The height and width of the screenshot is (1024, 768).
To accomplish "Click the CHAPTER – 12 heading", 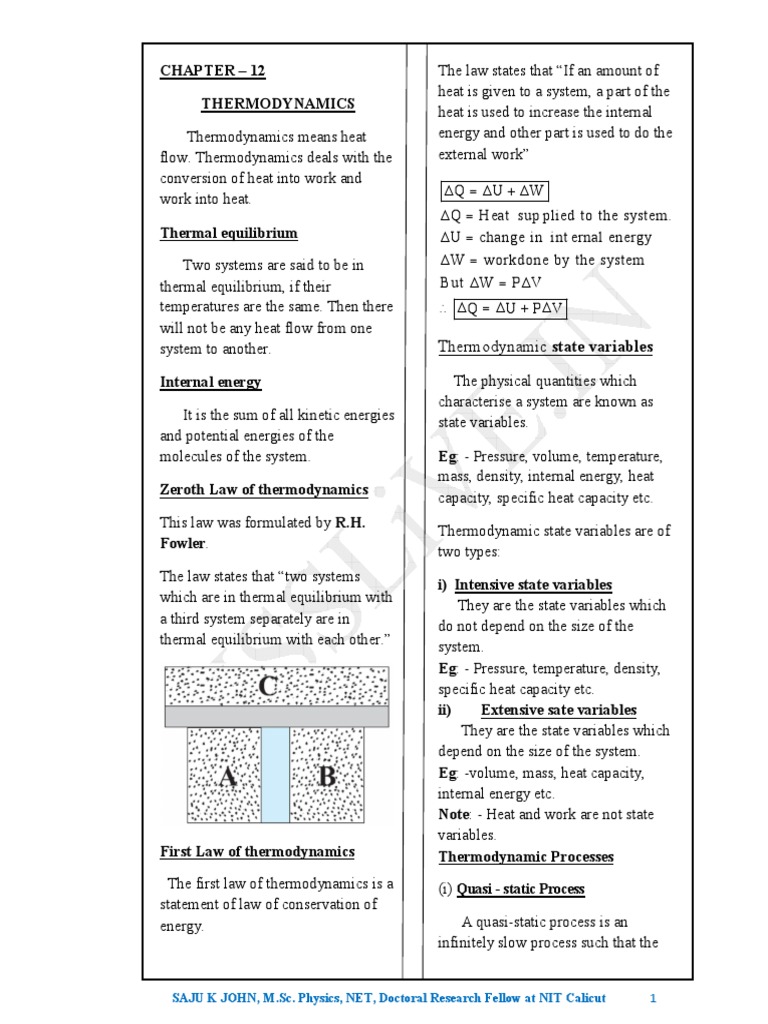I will point(213,71).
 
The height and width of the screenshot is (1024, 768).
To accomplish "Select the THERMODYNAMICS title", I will point(278,104).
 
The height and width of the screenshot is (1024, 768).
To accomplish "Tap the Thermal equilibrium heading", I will point(229,233).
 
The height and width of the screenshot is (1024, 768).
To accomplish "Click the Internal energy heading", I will point(211,382).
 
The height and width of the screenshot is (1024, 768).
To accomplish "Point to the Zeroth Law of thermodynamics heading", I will point(264,490).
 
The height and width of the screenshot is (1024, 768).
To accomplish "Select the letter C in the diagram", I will point(269,686).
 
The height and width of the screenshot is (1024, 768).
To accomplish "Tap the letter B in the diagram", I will point(327,776).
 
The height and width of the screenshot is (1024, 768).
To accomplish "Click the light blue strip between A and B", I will point(275,775).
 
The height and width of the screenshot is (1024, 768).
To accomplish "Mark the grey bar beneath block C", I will point(277,717).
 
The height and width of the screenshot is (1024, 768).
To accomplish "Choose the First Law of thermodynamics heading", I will point(257,852).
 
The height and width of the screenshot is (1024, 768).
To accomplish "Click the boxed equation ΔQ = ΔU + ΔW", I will point(494,191).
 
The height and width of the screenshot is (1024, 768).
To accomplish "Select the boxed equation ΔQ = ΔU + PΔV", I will point(510,309).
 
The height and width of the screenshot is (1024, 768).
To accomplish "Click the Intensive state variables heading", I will point(533,585).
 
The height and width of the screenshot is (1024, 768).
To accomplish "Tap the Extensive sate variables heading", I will point(558,710).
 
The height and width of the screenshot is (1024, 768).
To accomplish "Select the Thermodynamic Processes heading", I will point(526,857).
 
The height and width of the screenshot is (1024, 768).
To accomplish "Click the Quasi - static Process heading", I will point(520,889).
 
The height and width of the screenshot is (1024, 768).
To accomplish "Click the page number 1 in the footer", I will point(652,998).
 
